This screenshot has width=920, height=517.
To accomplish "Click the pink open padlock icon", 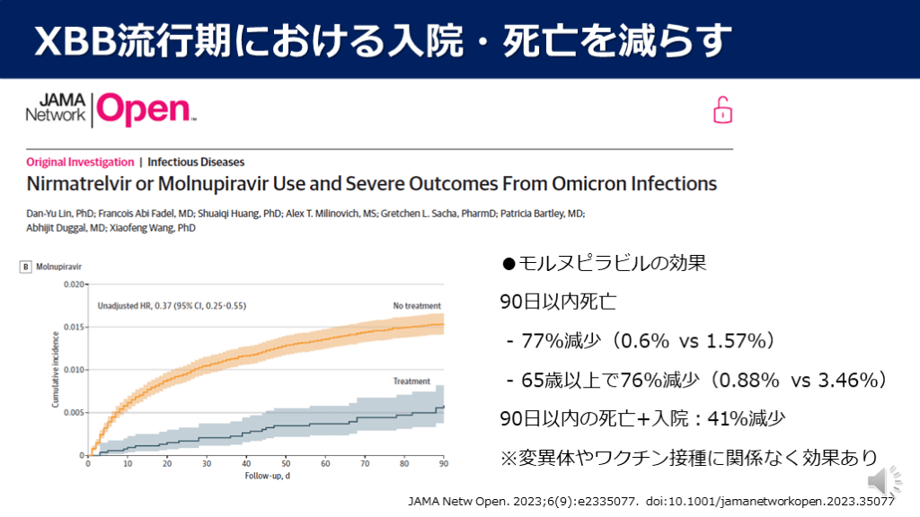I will (723, 110).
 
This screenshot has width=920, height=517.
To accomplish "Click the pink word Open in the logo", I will (144, 110).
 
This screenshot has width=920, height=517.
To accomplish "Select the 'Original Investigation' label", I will (80, 162).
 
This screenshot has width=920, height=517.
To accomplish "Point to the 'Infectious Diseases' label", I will (196, 162).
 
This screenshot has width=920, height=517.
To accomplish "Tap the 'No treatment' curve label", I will (417, 306).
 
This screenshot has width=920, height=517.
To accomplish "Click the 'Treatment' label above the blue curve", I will (411, 381).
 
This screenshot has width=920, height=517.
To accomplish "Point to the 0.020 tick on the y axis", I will (74, 285).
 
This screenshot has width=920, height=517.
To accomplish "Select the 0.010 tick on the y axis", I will (74, 370).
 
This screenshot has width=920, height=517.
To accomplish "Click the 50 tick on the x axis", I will (285, 464).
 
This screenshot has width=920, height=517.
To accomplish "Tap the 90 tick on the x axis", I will (443, 464).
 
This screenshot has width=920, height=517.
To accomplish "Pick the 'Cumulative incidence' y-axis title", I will (56, 370).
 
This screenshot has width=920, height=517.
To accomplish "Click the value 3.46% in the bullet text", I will (845, 381).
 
